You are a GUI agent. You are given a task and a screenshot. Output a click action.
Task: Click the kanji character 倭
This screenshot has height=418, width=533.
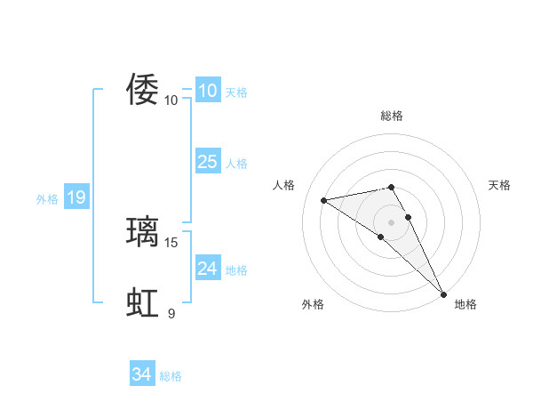[143, 89]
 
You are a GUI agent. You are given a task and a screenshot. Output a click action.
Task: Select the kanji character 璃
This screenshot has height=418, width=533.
[143, 231]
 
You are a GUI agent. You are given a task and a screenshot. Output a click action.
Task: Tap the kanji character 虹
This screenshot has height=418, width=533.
[143, 302]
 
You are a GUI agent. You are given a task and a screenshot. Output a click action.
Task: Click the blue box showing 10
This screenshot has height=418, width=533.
[207, 91]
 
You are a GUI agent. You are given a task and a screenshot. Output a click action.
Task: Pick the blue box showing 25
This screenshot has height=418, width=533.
[207, 162]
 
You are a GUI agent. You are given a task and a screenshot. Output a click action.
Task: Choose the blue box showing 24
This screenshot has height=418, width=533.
[207, 268]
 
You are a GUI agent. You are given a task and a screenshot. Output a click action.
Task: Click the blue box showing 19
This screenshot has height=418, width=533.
[76, 197]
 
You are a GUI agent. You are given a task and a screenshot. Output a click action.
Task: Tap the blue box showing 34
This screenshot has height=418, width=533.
[141, 374]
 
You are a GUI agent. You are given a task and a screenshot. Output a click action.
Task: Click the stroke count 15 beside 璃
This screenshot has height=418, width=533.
[171, 242]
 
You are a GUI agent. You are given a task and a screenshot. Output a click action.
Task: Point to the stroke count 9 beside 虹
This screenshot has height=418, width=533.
[171, 313]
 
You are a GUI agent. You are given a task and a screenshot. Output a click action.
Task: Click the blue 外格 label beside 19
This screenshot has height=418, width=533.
[47, 199]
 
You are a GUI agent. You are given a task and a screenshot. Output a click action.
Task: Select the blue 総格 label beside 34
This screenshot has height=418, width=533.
[171, 376]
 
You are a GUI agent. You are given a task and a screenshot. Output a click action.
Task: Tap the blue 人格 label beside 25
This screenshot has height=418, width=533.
[236, 164]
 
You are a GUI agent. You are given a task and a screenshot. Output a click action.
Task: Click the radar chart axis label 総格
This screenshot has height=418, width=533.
[392, 116]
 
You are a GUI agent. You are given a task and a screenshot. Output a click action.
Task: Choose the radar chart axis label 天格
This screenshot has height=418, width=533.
[500, 185]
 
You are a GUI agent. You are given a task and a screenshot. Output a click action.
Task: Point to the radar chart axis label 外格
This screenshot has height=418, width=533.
[313, 305]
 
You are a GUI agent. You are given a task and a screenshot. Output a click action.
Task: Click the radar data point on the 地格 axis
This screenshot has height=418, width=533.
[443, 293]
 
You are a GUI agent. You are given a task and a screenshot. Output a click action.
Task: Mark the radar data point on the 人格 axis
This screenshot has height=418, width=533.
[324, 200]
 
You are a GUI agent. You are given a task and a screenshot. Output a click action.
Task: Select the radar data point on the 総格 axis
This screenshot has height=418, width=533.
[392, 187]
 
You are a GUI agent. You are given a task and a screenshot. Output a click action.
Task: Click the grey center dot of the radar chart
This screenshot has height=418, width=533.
[392, 221]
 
